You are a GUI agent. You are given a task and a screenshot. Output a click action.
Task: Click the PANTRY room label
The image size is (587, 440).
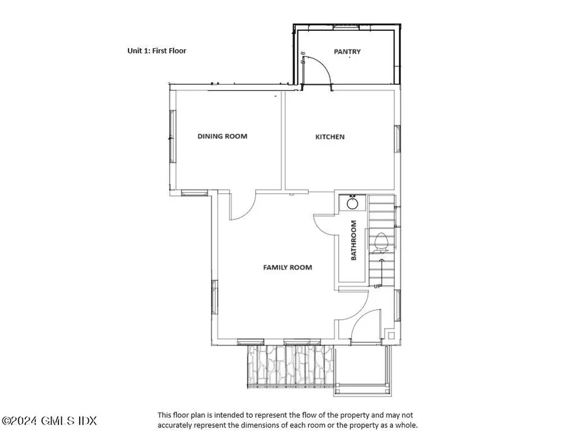coord(347,52)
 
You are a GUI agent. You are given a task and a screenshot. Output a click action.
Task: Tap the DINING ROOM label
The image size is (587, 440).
coord(222,136)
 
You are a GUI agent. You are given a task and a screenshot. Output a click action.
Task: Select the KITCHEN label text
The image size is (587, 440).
coord(330,137)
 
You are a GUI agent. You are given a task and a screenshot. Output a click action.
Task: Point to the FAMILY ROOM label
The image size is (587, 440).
coord(288,268)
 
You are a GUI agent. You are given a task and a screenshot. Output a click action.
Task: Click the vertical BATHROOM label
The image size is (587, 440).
coord(354,240)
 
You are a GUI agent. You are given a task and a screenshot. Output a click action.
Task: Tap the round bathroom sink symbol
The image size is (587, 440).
coord(353,203)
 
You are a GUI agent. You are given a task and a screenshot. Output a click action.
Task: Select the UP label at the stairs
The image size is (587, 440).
coord(378,286)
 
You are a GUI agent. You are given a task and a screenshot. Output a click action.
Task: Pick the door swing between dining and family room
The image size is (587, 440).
coord(248,211)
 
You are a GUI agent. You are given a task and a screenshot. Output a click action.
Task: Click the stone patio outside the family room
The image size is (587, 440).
coord(290,366)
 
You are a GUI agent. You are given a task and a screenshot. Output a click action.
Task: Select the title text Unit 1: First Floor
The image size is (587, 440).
coord(156,51)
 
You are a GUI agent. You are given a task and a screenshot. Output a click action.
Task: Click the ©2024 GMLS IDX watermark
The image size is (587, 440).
coord(49,421)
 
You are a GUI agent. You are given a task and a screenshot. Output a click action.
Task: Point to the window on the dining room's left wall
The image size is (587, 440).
coord(172,136)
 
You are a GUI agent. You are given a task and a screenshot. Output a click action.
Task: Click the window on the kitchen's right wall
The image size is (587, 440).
coord(398,139)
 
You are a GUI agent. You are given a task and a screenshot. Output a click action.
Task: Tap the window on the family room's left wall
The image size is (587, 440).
coord(214,297)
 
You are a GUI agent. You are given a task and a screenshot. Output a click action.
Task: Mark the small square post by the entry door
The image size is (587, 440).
coord(391,335)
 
